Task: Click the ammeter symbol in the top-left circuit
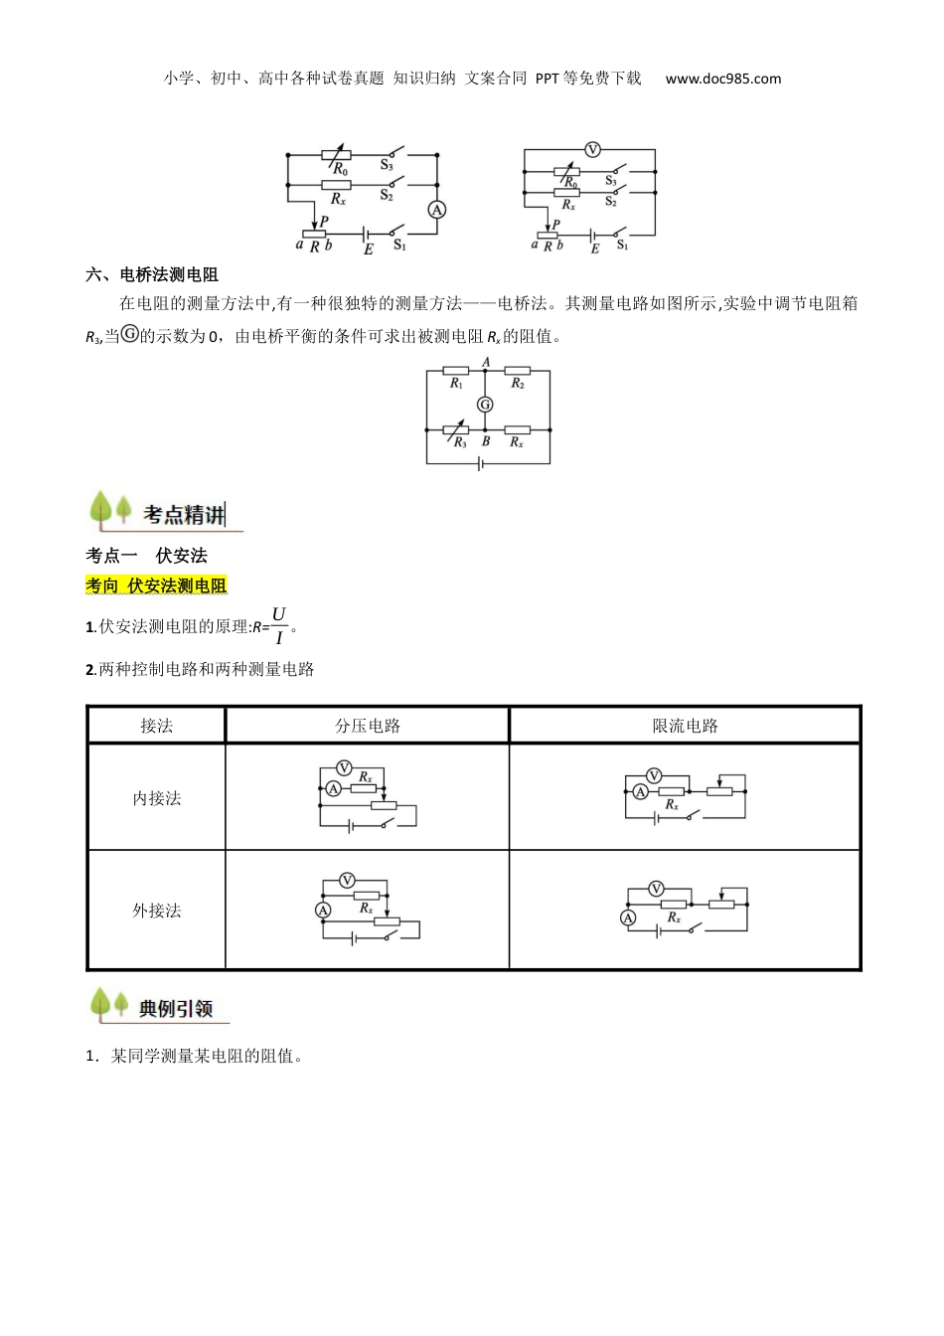coord(436,210)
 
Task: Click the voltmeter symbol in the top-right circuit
coord(592,150)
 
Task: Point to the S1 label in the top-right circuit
coord(622,246)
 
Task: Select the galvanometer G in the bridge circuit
coord(485,405)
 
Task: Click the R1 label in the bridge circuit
coord(456,384)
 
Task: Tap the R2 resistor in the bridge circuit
coord(517,371)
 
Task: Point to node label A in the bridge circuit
coord(486,362)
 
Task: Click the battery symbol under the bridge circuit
coord(482,463)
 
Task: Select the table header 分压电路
coord(368,726)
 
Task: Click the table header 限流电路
coord(685,726)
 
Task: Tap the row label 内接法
coord(157,798)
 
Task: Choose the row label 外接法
coord(157,911)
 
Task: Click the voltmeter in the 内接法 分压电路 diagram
coord(344,768)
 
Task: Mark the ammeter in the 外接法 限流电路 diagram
coord(628,918)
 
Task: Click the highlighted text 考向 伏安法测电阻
coord(156,585)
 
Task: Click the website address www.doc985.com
coord(723,79)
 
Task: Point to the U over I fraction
coord(278,625)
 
